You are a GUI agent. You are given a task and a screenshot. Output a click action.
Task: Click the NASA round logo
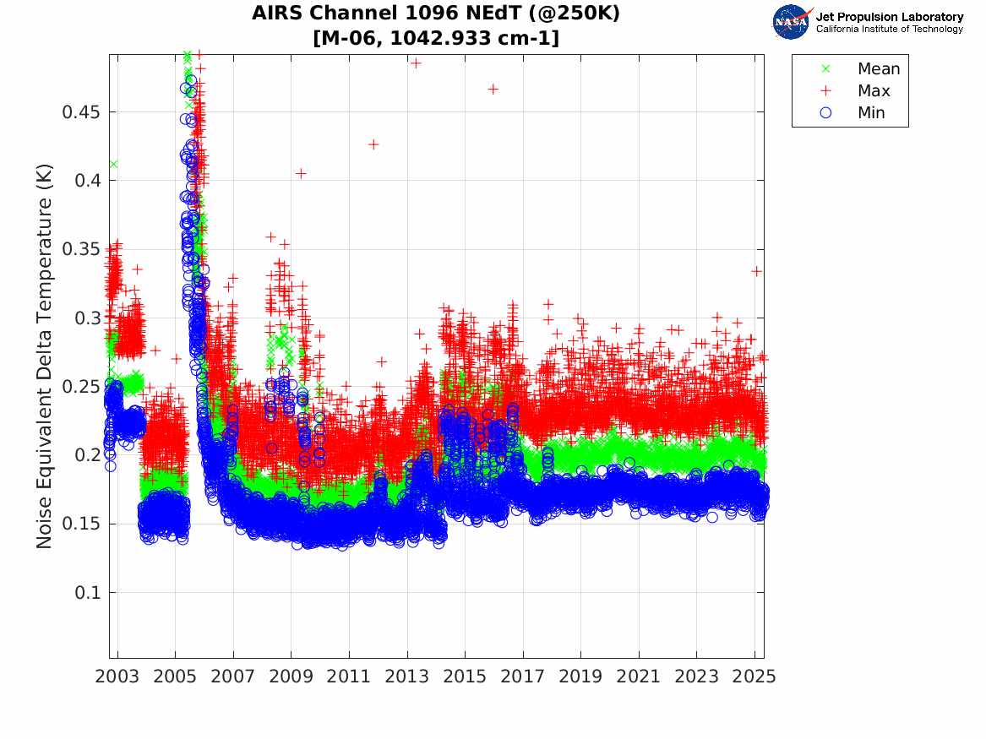pos(791,23)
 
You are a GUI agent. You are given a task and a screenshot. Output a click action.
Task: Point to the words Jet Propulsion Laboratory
pos(889,17)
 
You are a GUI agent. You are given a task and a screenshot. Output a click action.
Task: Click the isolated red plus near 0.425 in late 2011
pos(373,144)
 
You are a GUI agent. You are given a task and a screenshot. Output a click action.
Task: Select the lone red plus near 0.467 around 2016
pos(493,89)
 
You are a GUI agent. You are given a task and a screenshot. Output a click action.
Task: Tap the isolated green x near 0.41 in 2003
pos(113,164)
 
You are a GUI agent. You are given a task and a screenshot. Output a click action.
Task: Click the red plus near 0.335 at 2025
pos(757,271)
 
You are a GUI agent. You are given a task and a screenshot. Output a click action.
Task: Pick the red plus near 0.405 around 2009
pos(301,173)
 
